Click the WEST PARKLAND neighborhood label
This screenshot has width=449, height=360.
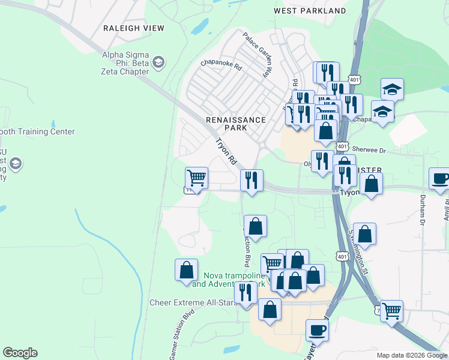310,11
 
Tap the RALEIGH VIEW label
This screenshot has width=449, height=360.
131,28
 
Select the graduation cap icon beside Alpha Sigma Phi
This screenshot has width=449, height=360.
158,62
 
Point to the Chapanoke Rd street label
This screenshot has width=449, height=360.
221,64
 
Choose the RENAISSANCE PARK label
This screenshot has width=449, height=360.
235,124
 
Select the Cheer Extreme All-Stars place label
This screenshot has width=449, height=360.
190,302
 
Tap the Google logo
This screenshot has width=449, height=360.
20,353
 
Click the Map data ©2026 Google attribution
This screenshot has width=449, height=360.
411,355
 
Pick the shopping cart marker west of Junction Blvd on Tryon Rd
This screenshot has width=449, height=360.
196,178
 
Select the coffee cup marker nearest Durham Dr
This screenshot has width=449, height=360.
440,179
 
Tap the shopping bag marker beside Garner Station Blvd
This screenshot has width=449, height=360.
186,270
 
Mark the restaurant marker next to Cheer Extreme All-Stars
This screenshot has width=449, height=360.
245,293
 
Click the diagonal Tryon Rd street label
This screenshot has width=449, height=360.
226,152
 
